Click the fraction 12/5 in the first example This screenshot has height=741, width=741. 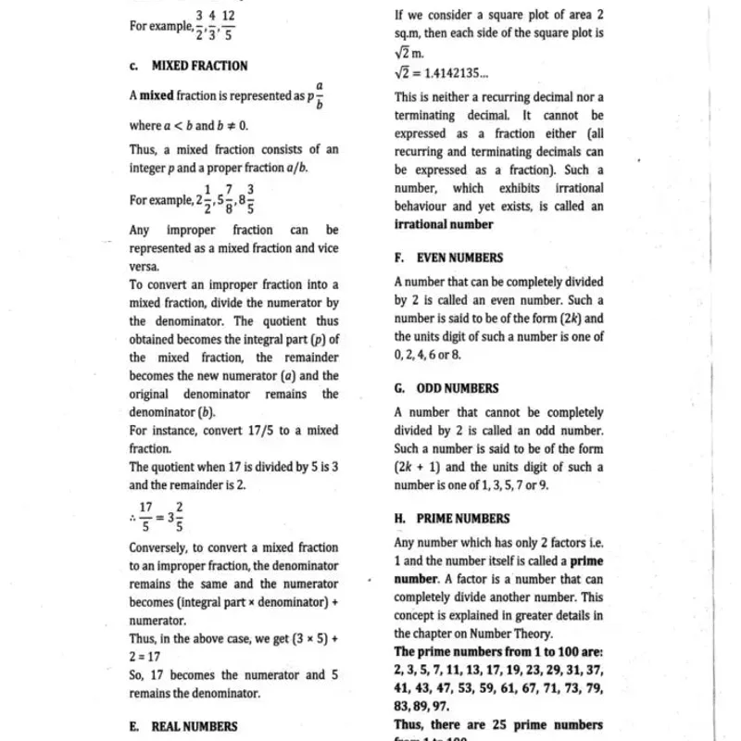click(228, 25)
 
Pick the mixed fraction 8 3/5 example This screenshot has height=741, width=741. click(245, 199)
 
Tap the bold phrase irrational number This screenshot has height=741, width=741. click(444, 224)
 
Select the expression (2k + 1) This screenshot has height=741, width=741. click(418, 467)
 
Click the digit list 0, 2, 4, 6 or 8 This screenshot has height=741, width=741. click(427, 355)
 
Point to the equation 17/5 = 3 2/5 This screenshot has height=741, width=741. click(160, 517)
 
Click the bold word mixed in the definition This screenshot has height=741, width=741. click(157, 95)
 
